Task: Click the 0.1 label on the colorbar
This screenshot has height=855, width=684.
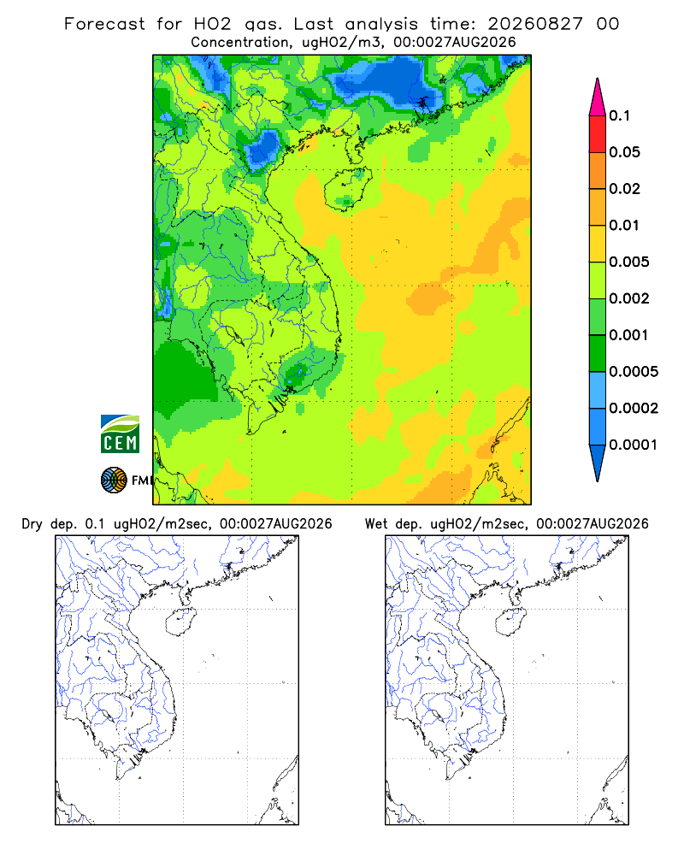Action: (619, 115)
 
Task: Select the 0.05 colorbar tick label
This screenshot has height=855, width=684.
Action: (624, 152)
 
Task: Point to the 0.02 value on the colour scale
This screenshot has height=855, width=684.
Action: (624, 189)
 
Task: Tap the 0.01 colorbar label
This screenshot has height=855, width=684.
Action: (624, 225)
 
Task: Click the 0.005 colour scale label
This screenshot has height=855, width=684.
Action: (629, 262)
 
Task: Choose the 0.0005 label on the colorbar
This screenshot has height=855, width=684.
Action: (634, 372)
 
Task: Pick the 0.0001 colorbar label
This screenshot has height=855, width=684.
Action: (634, 445)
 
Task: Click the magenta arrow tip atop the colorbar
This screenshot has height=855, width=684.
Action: (598, 79)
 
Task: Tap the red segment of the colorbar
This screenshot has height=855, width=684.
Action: (598, 133)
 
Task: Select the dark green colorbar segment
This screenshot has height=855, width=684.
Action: (598, 353)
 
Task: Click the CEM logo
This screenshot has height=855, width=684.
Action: (120, 434)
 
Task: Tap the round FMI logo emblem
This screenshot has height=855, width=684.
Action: (114, 481)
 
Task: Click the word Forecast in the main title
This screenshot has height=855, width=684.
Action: (104, 24)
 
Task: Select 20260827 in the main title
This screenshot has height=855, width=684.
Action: (535, 24)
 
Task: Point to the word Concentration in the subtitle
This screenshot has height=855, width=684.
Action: (240, 43)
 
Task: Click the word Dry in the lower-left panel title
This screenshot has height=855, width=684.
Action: (32, 525)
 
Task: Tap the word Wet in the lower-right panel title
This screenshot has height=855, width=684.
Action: (376, 525)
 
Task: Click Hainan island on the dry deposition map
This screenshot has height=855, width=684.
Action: (180, 622)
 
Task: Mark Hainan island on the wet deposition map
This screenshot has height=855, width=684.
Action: (510, 622)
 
